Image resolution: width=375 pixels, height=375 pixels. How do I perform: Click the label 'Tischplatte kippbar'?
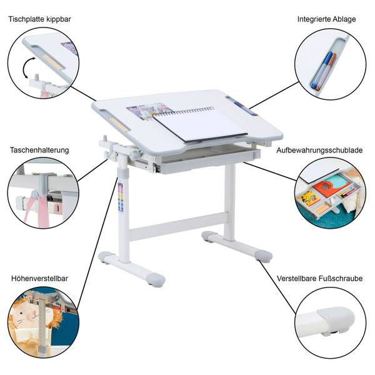[40, 19]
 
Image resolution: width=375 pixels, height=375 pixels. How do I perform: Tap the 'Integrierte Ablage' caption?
[326, 19]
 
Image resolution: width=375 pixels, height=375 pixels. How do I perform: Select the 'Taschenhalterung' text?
[39, 150]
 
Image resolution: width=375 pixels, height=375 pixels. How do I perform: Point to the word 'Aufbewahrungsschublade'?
[319, 150]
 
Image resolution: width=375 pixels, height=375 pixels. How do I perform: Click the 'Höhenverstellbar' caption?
[40, 278]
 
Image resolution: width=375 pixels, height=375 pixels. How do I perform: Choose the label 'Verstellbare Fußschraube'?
[319, 278]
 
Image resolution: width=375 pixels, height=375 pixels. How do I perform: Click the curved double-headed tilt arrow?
[26, 67]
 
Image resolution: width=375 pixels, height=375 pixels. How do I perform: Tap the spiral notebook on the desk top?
[200, 124]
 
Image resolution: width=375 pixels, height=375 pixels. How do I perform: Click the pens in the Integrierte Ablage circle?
[323, 71]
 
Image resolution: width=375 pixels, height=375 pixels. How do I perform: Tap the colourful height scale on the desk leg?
[121, 197]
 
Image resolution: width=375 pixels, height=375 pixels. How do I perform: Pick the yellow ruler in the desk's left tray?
[119, 123]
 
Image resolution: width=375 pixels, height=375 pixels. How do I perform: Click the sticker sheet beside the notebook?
[148, 111]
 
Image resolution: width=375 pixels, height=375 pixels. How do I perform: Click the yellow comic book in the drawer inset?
[310, 198]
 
